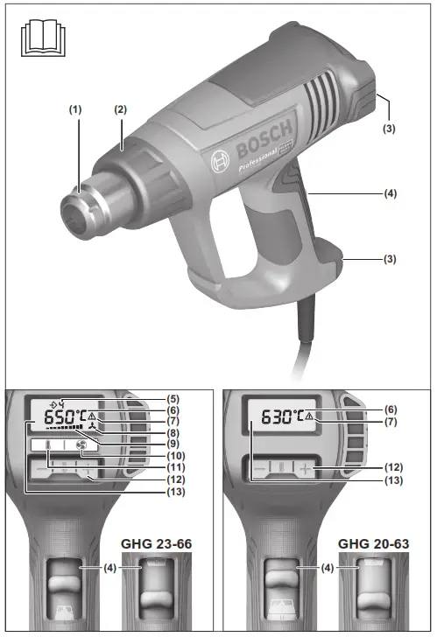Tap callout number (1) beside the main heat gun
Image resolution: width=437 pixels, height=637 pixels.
point(75,111)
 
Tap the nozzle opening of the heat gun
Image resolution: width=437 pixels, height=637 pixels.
point(74,217)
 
